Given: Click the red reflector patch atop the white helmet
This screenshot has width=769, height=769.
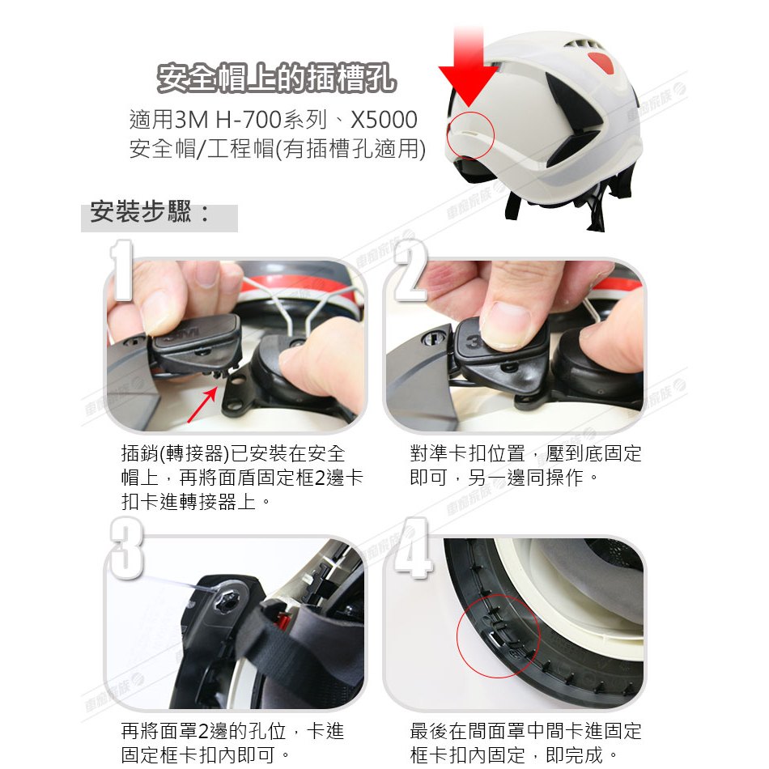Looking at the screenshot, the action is coord(601,62).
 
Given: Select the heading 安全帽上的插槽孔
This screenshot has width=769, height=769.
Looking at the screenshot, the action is coord(276,78).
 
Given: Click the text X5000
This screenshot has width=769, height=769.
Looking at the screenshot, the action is coord(384,120).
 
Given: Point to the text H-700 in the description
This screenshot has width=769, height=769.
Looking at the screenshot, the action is coord(249,120).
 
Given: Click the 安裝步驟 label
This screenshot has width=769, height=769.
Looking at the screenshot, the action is coord(150,213).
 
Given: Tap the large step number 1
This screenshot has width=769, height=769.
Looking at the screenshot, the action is coord(121,270).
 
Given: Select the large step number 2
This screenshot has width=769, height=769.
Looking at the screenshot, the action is coord(410,270).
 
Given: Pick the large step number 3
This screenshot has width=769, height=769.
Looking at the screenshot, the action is coord(126,548).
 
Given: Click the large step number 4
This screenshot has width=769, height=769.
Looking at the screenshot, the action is coord(413,548).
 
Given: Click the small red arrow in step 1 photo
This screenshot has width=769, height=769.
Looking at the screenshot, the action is coord(202,404).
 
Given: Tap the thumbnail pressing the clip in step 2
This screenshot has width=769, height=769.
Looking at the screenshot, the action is coord(505,325).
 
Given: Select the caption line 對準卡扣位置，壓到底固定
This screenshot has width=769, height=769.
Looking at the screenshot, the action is coord(525,453).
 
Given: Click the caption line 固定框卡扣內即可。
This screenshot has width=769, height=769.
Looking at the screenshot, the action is coord(206,754).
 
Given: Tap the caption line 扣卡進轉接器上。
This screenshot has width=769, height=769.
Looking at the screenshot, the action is coord(196,502).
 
